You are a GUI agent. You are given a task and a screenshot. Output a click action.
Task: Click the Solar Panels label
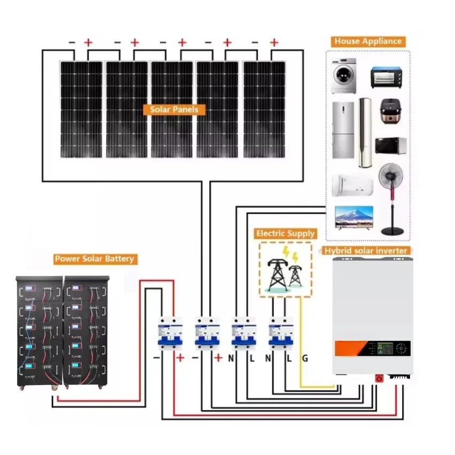pyautogui.click(x=174, y=109)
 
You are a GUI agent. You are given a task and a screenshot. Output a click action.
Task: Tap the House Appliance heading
pyautogui.click(x=367, y=41)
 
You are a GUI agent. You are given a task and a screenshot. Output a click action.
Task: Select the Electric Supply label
pyautogui.click(x=286, y=233)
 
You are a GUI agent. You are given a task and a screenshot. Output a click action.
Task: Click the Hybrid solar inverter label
pyautogui.click(x=366, y=250)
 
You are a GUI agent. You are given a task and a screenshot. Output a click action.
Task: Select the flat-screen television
pyautogui.click(x=352, y=217)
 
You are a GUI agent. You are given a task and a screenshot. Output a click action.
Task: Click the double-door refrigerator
pyautogui.click(x=343, y=130)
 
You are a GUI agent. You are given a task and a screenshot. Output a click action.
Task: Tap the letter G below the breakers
pyautogui.click(x=305, y=358)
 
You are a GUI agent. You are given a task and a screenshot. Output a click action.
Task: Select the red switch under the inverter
pyautogui.click(x=380, y=378)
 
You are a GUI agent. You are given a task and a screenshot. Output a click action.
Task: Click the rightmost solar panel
pyautogui.click(x=264, y=109)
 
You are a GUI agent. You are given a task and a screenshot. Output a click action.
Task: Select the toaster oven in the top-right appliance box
pyautogui.click(x=386, y=76)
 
